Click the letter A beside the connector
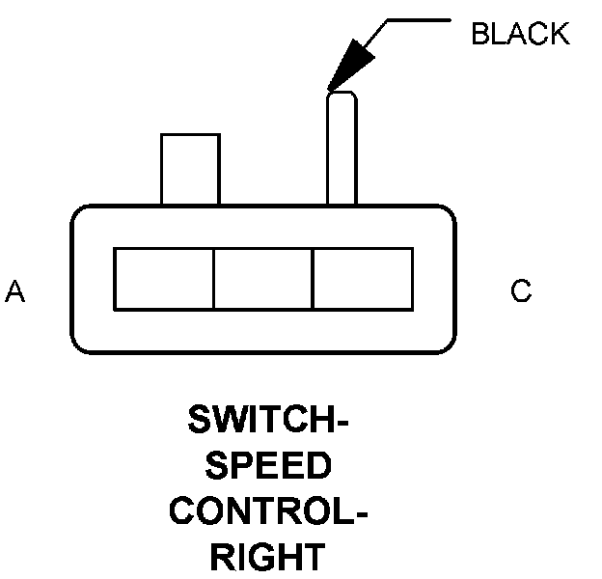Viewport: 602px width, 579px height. point(15,291)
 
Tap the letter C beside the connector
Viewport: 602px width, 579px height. point(521,291)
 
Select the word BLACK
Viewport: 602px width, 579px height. point(520,35)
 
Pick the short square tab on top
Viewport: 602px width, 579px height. point(190,169)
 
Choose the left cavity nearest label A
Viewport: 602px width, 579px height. point(164,280)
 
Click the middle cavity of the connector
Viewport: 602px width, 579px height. point(263,280)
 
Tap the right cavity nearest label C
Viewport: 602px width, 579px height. point(363,280)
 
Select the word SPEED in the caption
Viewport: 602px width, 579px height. point(268,467)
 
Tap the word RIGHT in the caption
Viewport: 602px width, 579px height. point(268,558)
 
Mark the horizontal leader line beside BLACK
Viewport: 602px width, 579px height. point(420,20)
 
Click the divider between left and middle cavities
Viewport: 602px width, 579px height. point(213,280)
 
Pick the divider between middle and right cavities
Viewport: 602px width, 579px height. point(313,280)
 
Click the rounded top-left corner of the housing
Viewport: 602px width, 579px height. point(79,214)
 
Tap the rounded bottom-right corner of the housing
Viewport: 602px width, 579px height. point(446,345)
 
